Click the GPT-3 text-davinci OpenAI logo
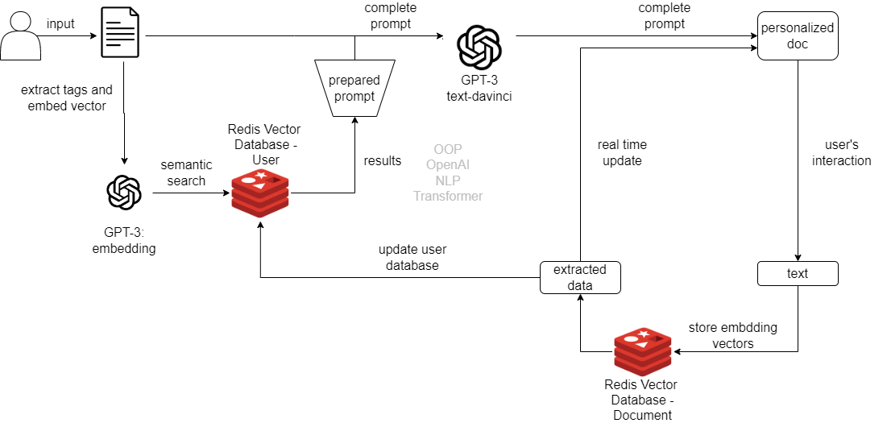pyautogui.click(x=479, y=48)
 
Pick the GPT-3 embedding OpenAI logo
pyautogui.click(x=124, y=193)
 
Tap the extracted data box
pyautogui.click(x=580, y=277)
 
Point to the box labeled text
pyautogui.click(x=798, y=274)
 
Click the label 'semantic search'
pyautogui.click(x=186, y=173)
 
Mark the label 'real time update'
pyautogui.click(x=622, y=153)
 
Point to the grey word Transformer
pyautogui.click(x=448, y=196)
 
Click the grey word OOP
pyautogui.click(x=448, y=150)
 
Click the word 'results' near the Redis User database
pyautogui.click(x=382, y=161)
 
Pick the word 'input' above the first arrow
pyautogui.click(x=60, y=24)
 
